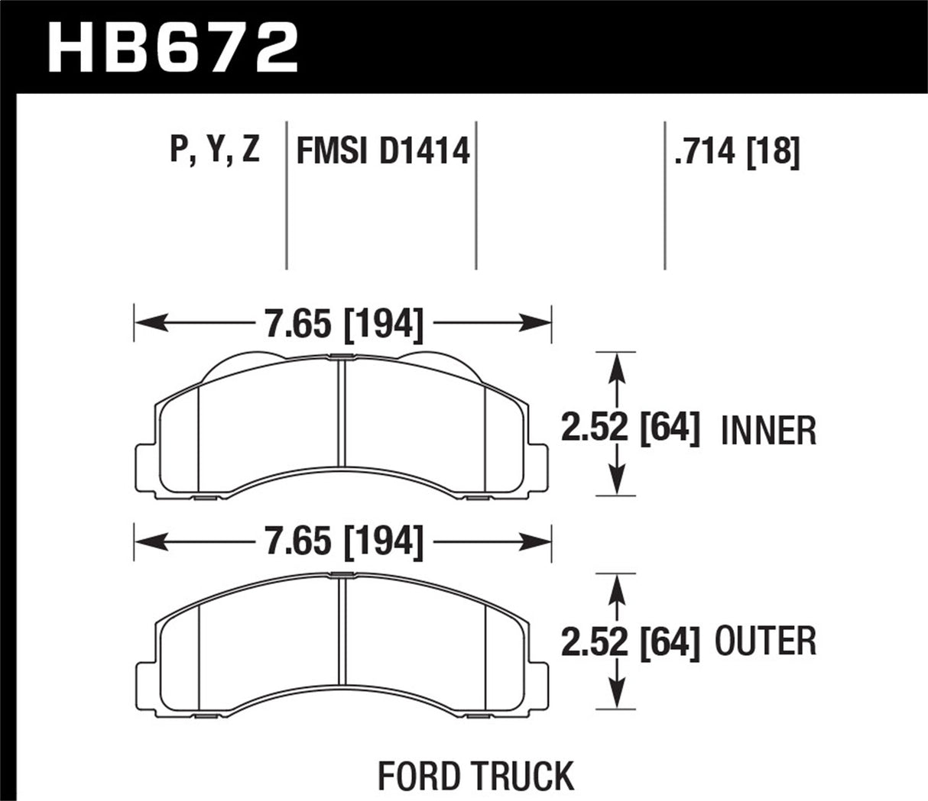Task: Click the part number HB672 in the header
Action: (173, 47)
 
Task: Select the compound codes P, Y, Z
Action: (215, 150)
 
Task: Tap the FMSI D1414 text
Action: (382, 151)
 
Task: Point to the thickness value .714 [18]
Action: (736, 151)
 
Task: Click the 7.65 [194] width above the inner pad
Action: (343, 325)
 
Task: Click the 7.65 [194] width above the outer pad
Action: (343, 541)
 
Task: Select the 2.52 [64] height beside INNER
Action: (630, 430)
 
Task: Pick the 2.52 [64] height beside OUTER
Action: (630, 641)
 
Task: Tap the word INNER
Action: (768, 431)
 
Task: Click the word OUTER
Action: (765, 641)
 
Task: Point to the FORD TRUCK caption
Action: (475, 776)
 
